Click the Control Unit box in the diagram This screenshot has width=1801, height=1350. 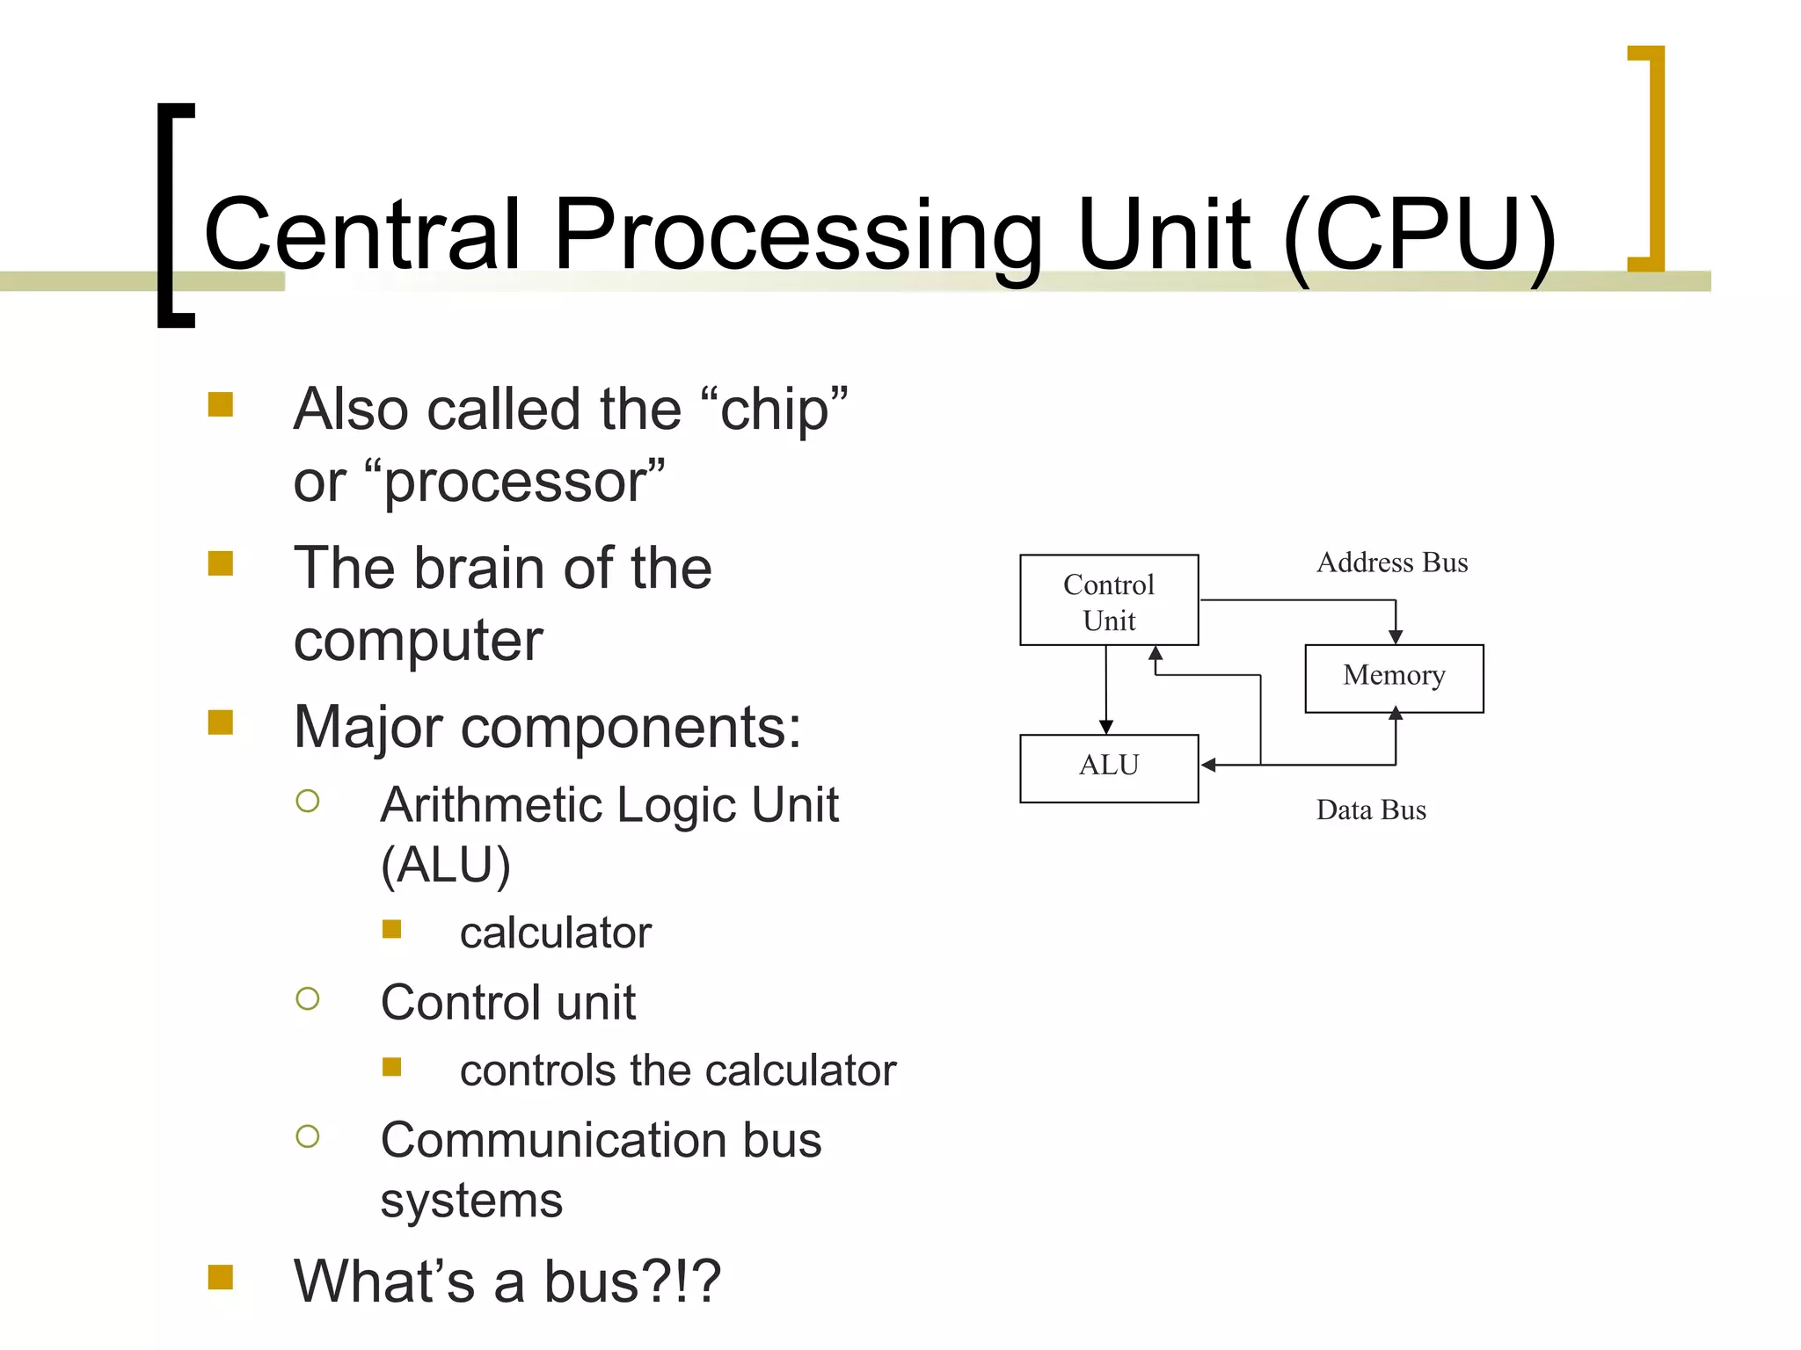click(1108, 600)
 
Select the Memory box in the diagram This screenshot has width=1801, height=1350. click(1394, 677)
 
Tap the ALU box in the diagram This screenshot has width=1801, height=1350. click(1108, 767)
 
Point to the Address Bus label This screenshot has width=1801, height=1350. click(1391, 562)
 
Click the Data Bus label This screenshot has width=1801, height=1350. click(1370, 809)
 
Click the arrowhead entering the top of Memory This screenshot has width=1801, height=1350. click(1395, 637)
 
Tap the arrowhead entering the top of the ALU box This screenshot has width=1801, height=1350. click(1106, 727)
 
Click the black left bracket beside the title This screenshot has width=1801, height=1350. click(173, 215)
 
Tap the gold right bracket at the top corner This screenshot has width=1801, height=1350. click(1650, 158)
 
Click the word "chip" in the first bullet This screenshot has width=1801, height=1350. click(774, 410)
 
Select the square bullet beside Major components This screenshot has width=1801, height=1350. click(221, 722)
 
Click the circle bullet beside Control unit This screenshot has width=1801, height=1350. click(308, 998)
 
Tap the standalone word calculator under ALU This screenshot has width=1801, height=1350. click(555, 933)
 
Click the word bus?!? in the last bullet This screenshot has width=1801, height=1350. click(631, 1282)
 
